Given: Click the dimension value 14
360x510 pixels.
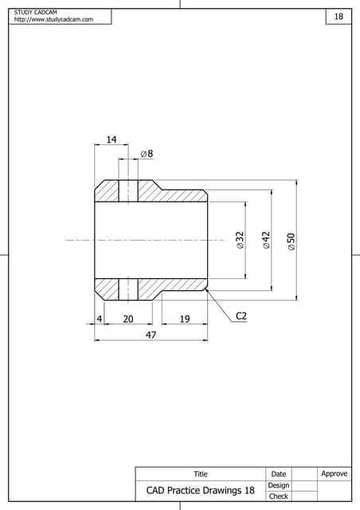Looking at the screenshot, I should coord(112,139).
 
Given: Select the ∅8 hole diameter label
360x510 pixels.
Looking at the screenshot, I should coord(147,153).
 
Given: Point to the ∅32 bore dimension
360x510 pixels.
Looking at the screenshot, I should coord(240,241).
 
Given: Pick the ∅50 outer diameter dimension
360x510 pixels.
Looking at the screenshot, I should coord(292,242).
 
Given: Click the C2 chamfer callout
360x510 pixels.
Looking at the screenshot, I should coord(241,316).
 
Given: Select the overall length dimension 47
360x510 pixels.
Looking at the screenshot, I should coord(151,335).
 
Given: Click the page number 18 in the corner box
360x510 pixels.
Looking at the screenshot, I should coord(338,17).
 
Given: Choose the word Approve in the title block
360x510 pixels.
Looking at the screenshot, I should coord(334,473).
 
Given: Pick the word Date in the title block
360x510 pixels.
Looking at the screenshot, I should coord(279,474).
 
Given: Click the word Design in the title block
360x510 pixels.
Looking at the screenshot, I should coord(279,485).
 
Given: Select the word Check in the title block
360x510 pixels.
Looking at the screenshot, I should coord(279,496).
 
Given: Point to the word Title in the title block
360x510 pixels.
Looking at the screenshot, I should coord(201,474).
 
